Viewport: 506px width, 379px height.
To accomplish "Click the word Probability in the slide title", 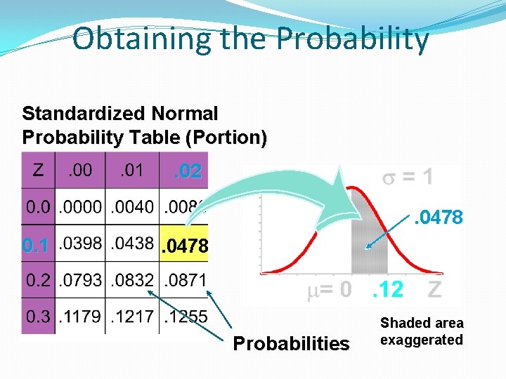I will point(352,39).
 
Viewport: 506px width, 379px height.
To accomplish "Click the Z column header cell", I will point(39,170).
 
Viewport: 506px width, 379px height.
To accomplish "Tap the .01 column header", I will point(131,170).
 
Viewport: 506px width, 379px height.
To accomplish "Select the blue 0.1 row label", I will point(35,246).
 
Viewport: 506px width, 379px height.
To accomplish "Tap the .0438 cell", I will point(133,244).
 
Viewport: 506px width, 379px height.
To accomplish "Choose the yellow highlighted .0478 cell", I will point(185,246).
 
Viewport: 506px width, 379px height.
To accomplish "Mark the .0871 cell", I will point(185,280).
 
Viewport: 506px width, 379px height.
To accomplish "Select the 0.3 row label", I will point(39,316).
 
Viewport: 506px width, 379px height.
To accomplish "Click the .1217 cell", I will point(133,316).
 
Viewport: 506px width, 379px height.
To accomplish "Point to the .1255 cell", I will point(185,316).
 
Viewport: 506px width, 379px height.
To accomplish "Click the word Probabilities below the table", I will point(291,343).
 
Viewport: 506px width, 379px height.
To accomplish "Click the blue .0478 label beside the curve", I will point(438,218).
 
